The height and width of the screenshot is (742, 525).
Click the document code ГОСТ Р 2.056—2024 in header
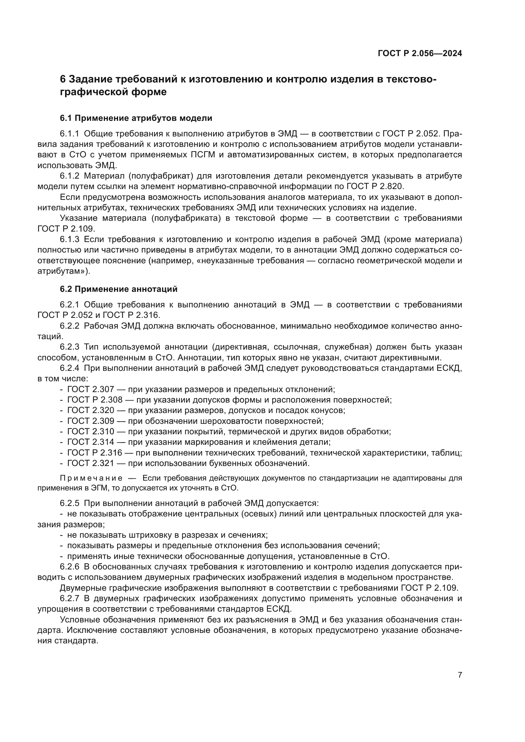tap(420, 54)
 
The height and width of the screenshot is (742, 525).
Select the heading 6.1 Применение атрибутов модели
tap(136, 118)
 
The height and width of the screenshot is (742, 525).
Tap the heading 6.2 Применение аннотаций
tap(119, 289)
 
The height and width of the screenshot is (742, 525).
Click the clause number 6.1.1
tap(69, 134)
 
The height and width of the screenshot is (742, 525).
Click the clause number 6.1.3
tap(69, 240)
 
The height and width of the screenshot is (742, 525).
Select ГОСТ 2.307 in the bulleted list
tap(90, 390)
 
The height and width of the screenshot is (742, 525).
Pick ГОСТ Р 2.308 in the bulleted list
tap(95, 400)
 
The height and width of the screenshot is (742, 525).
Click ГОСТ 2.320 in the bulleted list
tap(90, 410)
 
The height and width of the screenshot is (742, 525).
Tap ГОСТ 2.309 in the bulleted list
tap(90, 421)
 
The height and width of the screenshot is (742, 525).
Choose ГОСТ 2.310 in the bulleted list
tap(90, 432)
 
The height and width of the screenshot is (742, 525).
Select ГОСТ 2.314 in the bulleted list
tap(90, 442)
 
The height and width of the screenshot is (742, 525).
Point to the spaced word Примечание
tap(91, 478)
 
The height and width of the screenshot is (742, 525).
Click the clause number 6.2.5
tap(69, 503)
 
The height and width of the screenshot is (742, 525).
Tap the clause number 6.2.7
tap(69, 599)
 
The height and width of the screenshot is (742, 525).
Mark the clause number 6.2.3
tap(69, 347)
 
